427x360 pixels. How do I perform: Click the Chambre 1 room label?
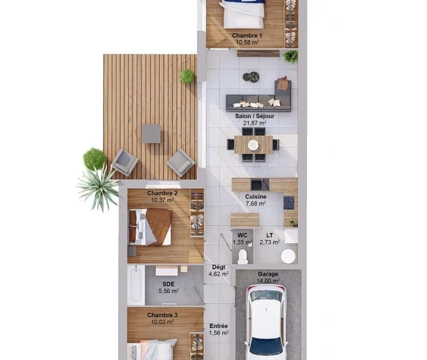point(247,36)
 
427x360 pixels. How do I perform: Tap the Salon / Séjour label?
point(255,116)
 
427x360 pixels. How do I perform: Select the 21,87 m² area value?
point(255,123)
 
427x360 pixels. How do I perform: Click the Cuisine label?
point(256,196)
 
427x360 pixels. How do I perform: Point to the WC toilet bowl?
point(242,257)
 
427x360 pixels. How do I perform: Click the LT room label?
point(270,235)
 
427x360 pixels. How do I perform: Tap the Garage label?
point(268,274)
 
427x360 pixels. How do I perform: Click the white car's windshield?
point(266,295)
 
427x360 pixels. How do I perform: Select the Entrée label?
point(219,326)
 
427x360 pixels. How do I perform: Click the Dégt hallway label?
point(219,267)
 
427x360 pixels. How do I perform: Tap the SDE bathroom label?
point(168,284)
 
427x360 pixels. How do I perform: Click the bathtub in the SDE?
point(136,285)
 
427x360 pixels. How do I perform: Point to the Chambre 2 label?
point(162,193)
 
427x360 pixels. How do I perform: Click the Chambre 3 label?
point(162,315)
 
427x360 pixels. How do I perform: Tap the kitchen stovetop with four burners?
point(289,203)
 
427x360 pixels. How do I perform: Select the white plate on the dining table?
point(253,145)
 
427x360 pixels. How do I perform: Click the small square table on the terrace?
point(151,134)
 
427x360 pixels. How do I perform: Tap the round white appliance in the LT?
point(288,257)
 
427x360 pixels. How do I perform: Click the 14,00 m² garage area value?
point(268,281)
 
